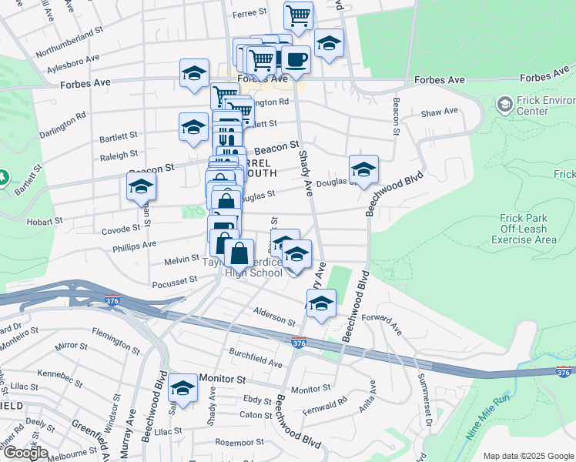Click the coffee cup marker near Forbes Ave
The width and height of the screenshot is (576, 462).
[295, 59]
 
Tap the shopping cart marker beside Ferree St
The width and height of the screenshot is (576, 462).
[297, 15]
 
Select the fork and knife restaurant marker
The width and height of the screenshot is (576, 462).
[226, 136]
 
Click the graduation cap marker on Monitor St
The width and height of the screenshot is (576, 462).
[183, 388]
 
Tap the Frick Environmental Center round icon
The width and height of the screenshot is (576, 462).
[504, 103]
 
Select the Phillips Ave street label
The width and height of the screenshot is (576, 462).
[134, 246]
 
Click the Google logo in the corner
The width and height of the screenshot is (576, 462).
[25, 452]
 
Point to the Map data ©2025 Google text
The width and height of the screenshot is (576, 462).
[528, 456]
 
